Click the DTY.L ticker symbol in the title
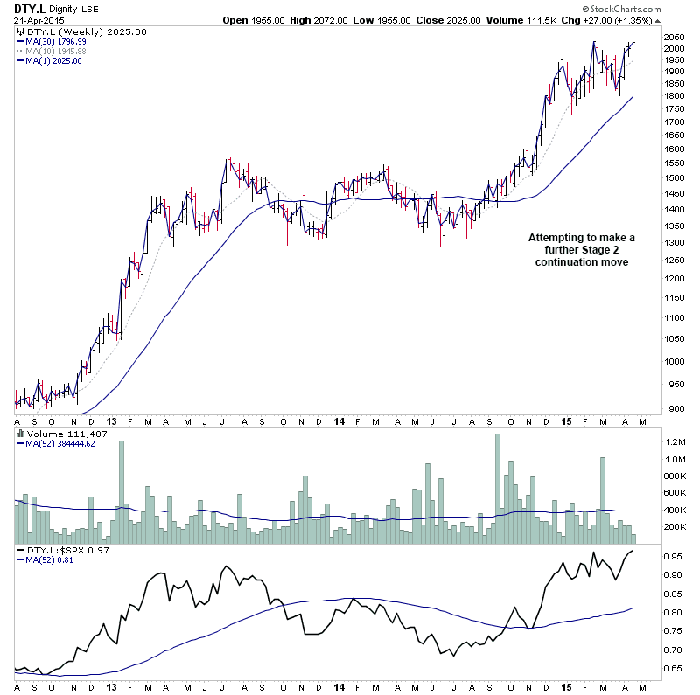point(27,8)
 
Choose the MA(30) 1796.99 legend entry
point(57,41)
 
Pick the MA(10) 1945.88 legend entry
point(57,51)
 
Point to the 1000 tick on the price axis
point(675,362)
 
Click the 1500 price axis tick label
point(675,177)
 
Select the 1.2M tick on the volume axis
point(675,442)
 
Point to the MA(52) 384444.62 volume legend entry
point(60,443)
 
